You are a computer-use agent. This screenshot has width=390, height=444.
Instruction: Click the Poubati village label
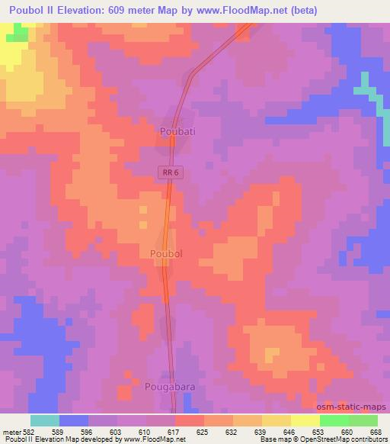coord(178,132)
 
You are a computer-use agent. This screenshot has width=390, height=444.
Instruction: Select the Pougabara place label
coord(169,387)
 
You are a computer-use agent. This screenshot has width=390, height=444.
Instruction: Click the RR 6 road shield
coord(170,173)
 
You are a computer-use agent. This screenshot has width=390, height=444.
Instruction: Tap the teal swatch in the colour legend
coord(45,420)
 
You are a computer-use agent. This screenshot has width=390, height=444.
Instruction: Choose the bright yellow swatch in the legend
coord(305,420)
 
